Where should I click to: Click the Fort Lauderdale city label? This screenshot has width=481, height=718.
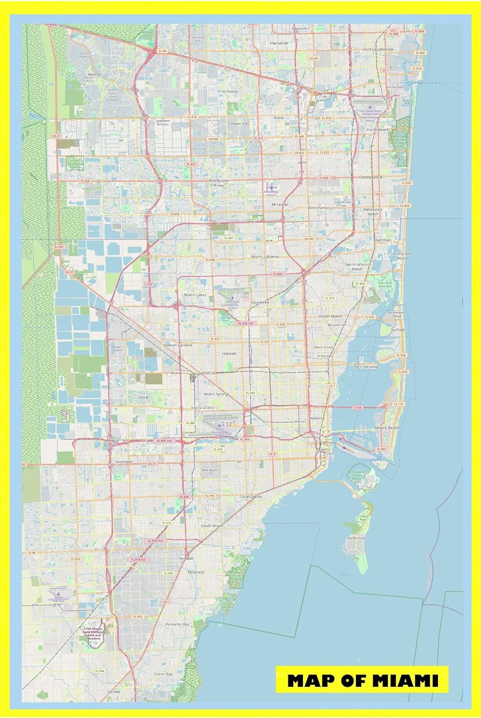(x=378, y=49)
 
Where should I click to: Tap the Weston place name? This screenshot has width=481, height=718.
(x=94, y=75)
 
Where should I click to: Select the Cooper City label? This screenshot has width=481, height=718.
(x=239, y=123)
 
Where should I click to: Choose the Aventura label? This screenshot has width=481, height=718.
(x=383, y=240)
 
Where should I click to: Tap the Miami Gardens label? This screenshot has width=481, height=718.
(x=265, y=257)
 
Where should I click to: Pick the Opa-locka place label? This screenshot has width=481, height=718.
(x=260, y=303)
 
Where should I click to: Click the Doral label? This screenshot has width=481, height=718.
(x=143, y=397)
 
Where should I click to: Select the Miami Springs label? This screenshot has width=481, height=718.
(x=217, y=394)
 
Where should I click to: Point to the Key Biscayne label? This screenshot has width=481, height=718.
(x=356, y=538)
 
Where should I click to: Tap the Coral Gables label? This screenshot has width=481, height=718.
(x=251, y=497)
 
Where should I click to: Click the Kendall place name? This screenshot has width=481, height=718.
(x=185, y=559)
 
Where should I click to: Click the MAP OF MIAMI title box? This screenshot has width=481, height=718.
(x=362, y=680)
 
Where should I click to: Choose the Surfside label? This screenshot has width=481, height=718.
(x=398, y=330)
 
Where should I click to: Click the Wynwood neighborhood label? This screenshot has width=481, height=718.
(x=317, y=418)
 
